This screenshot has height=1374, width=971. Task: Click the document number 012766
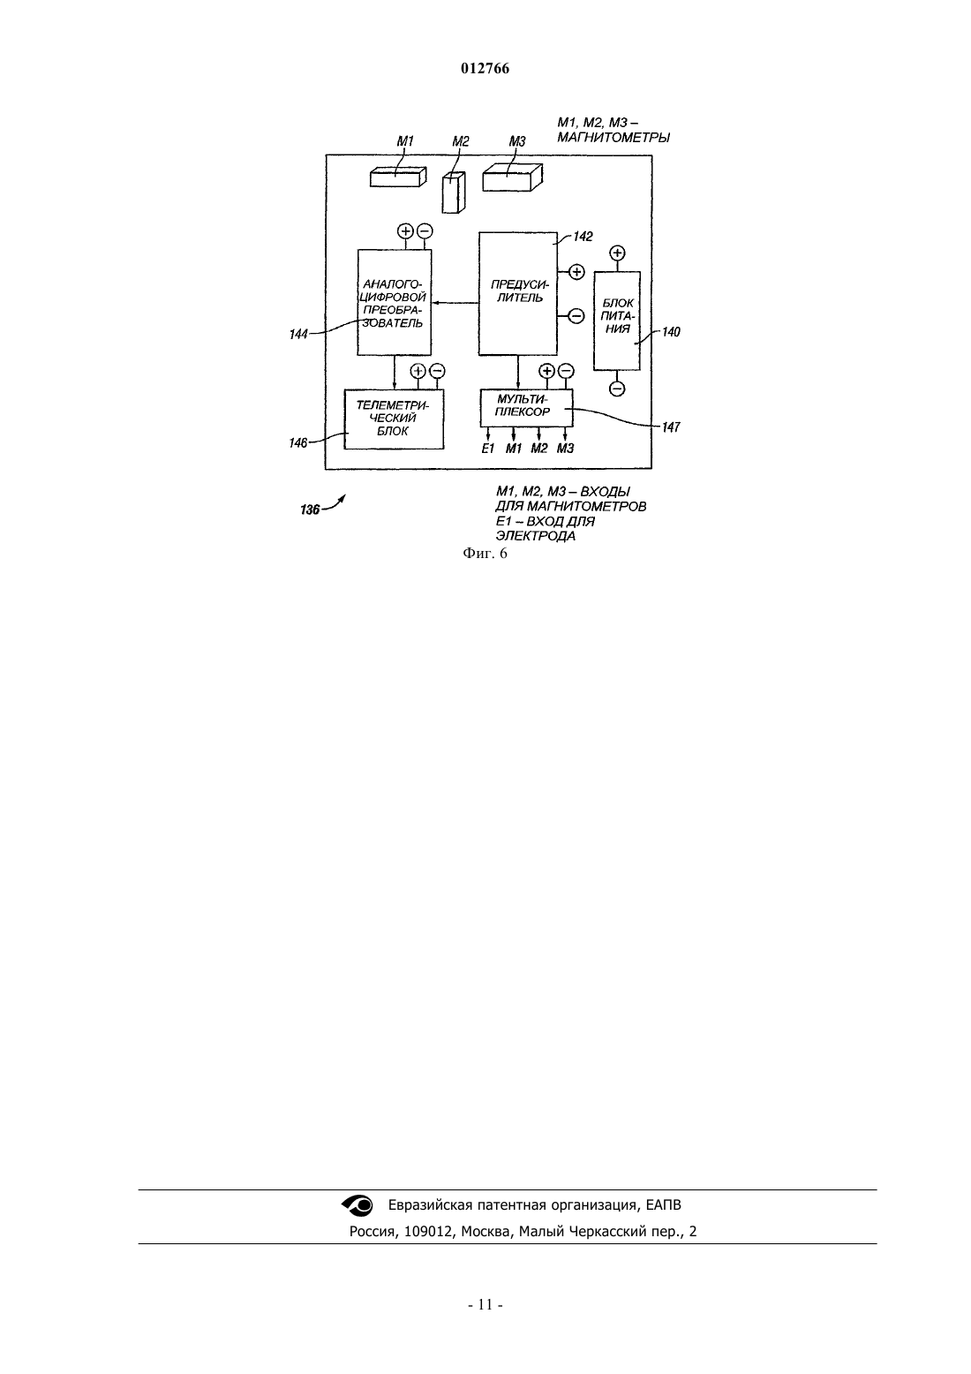pyautogui.click(x=485, y=69)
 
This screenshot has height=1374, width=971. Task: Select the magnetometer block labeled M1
pyautogui.click(x=398, y=177)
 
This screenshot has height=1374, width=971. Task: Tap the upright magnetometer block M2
pyautogui.click(x=454, y=193)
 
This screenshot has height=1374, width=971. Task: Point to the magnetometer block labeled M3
pyautogui.click(x=512, y=177)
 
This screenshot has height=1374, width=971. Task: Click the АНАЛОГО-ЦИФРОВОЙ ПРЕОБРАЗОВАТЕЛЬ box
pyautogui.click(x=395, y=302)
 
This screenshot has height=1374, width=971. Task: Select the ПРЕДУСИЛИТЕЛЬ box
pyautogui.click(x=518, y=293)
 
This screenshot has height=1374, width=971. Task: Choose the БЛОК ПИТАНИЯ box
pyautogui.click(x=617, y=321)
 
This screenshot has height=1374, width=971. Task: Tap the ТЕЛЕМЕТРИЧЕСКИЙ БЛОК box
pyautogui.click(x=394, y=419)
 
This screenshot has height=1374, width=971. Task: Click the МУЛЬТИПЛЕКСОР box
pyautogui.click(x=526, y=407)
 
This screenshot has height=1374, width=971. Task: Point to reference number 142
pyautogui.click(x=583, y=237)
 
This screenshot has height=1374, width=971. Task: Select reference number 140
pyautogui.click(x=671, y=332)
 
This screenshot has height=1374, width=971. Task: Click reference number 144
pyautogui.click(x=298, y=335)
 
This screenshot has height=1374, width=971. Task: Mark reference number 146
pyautogui.click(x=298, y=443)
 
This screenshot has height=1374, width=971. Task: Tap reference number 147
pyautogui.click(x=671, y=427)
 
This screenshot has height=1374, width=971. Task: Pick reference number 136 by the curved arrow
pyautogui.click(x=310, y=510)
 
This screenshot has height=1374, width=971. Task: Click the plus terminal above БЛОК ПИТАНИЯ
pyautogui.click(x=617, y=253)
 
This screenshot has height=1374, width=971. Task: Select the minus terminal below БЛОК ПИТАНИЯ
pyautogui.click(x=617, y=389)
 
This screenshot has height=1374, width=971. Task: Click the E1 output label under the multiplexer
pyautogui.click(x=488, y=449)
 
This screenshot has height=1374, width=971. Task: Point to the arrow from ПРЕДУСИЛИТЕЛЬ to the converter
pyautogui.click(x=455, y=302)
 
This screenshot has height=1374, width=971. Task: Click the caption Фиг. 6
pyautogui.click(x=485, y=554)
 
